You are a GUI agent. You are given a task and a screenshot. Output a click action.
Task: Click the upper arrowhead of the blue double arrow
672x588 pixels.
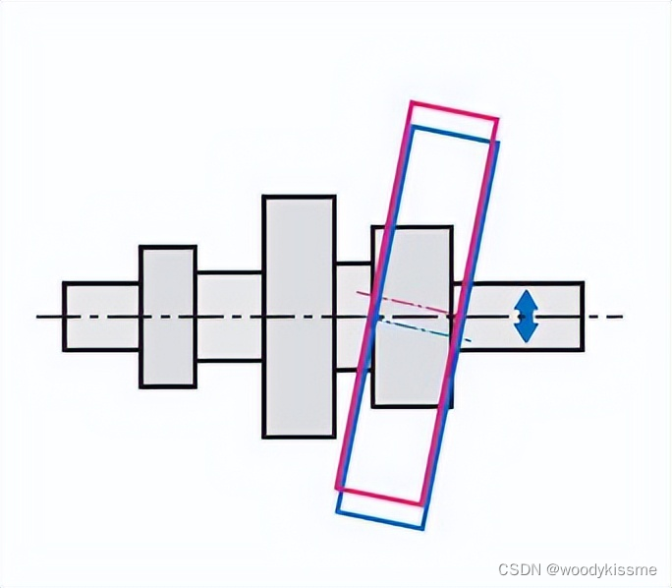[x=528, y=299]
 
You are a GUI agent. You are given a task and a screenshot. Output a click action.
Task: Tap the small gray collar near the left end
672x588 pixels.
[x=167, y=316]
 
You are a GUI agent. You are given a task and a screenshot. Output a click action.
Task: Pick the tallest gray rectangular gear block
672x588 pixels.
[x=299, y=316]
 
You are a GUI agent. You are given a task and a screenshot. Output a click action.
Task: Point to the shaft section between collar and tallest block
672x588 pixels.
[x=229, y=316]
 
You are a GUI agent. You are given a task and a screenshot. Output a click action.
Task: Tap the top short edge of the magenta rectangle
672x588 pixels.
[x=454, y=110]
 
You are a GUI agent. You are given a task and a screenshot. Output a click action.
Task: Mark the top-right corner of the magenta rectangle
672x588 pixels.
[x=497, y=120]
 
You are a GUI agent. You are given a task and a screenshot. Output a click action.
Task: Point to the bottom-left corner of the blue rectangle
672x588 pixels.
[x=337, y=512]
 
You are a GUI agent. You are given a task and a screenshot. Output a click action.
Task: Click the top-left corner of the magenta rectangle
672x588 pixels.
[x=411, y=101]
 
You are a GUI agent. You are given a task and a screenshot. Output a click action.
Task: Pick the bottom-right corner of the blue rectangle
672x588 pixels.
[x=422, y=529]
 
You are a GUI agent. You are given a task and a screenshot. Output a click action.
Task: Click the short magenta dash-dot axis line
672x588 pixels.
[x=403, y=302]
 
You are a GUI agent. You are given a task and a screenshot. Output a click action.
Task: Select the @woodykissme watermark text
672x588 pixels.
[x=601, y=569]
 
